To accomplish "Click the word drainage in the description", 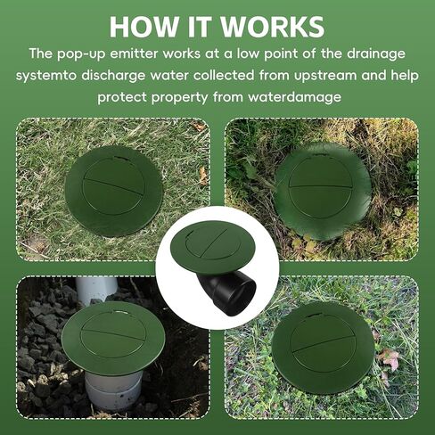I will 375,53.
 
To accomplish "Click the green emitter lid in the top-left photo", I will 113,190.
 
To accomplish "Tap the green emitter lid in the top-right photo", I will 322,190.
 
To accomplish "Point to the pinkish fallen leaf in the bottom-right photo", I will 390,360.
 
